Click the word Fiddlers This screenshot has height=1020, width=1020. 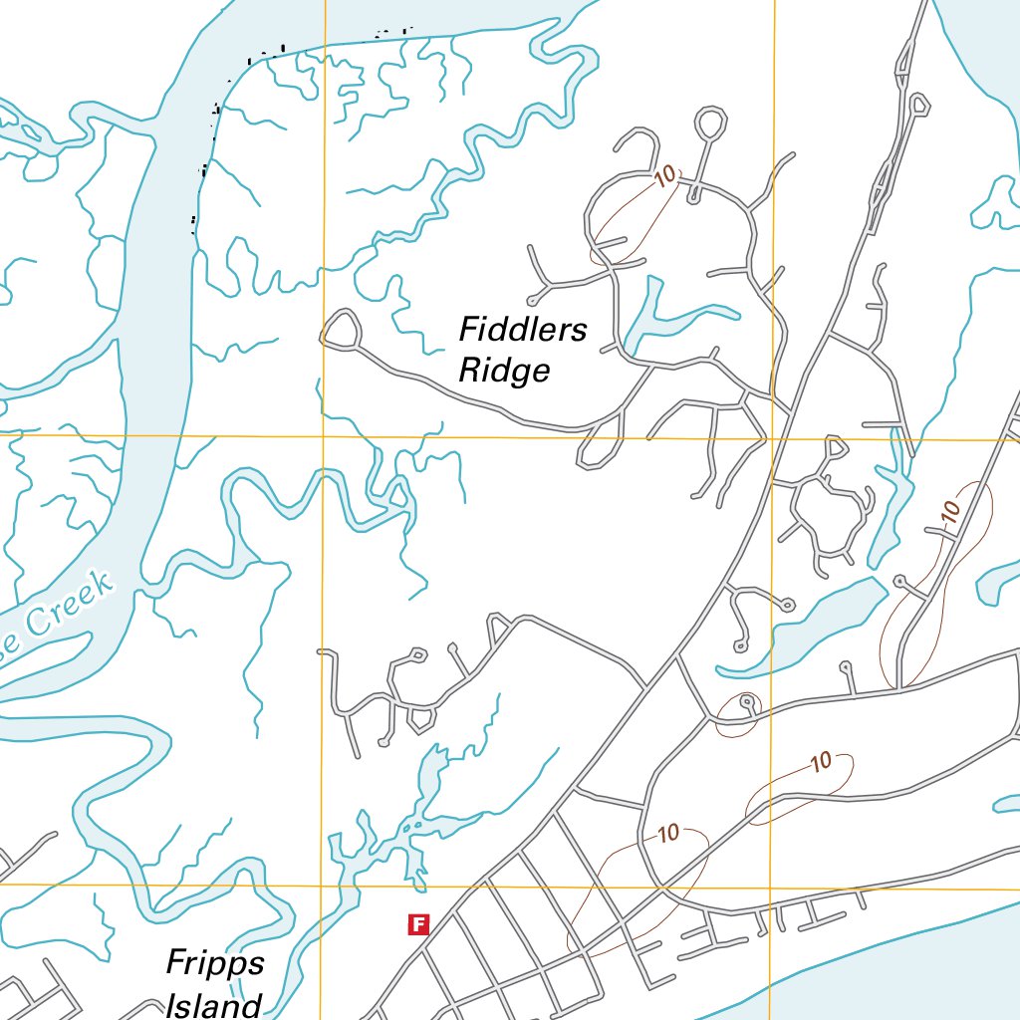point(523,330)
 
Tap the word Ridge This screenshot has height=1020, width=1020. point(504,371)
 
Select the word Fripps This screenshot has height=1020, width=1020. point(215,964)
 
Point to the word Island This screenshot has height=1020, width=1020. point(214,1004)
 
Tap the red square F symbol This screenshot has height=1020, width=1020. point(418,925)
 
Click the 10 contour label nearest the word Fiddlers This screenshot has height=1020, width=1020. point(664,176)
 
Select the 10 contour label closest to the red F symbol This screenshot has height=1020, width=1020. point(668,833)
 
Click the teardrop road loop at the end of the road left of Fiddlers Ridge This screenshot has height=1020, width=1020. point(342,330)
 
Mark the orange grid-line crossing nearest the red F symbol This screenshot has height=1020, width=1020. point(324,884)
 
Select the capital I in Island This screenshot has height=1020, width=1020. point(171,1004)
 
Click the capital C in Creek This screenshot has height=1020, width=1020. point(38,624)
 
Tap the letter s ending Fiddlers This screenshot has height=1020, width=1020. point(580,331)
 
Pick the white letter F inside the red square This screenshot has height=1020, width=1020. point(418,925)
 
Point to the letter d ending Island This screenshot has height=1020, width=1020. point(251,1004)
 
